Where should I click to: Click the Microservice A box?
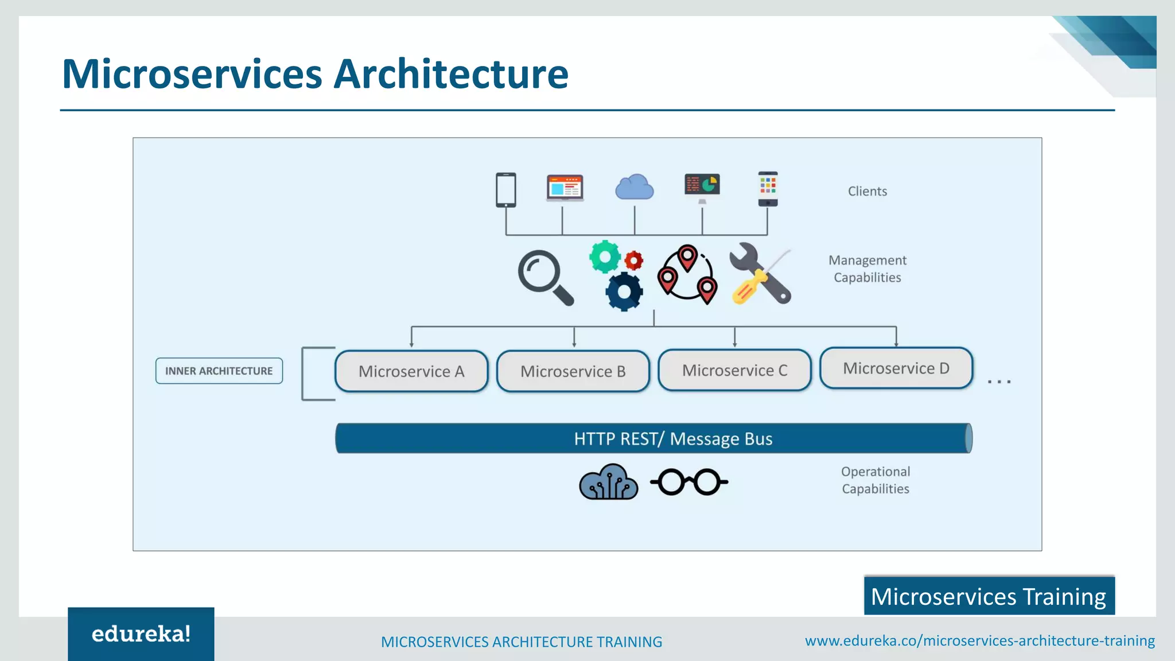click(411, 371)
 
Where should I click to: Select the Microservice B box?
click(573, 371)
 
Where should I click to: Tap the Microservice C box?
click(734, 370)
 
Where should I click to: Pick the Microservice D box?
click(896, 368)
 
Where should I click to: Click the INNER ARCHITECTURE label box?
click(219, 371)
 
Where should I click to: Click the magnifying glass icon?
click(544, 277)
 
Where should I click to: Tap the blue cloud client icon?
click(634, 188)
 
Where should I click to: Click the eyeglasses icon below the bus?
click(689, 482)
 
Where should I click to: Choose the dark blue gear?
click(624, 291)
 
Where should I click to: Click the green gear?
click(605, 256)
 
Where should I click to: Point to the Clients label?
click(867, 191)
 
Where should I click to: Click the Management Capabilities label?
click(867, 269)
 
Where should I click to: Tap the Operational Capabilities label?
click(875, 480)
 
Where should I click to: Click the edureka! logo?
click(141, 633)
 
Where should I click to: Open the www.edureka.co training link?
click(979, 640)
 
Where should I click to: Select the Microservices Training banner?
click(989, 596)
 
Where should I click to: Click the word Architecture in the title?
click(451, 74)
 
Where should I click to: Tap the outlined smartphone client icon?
click(506, 189)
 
